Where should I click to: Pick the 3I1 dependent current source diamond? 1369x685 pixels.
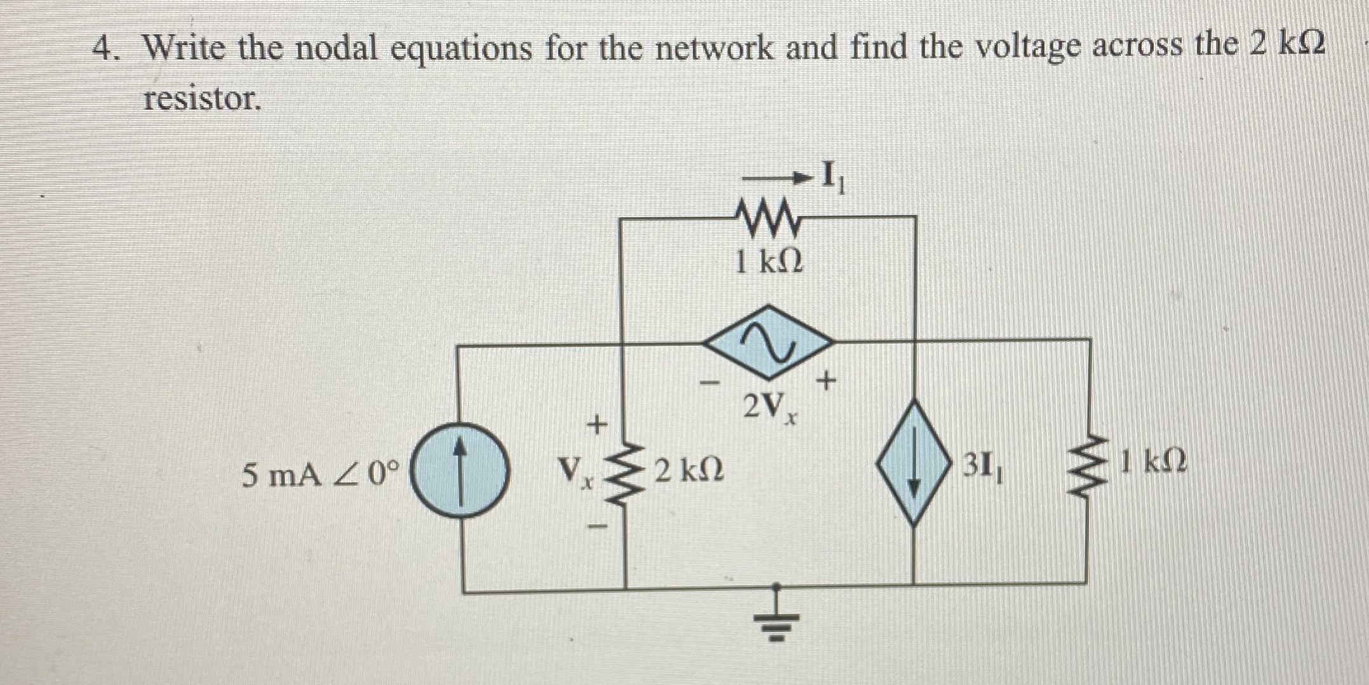pyautogui.click(x=914, y=462)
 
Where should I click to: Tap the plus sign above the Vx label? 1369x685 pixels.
pyautogui.click(x=596, y=424)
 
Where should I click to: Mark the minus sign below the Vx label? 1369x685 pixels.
pyautogui.click(x=597, y=527)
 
